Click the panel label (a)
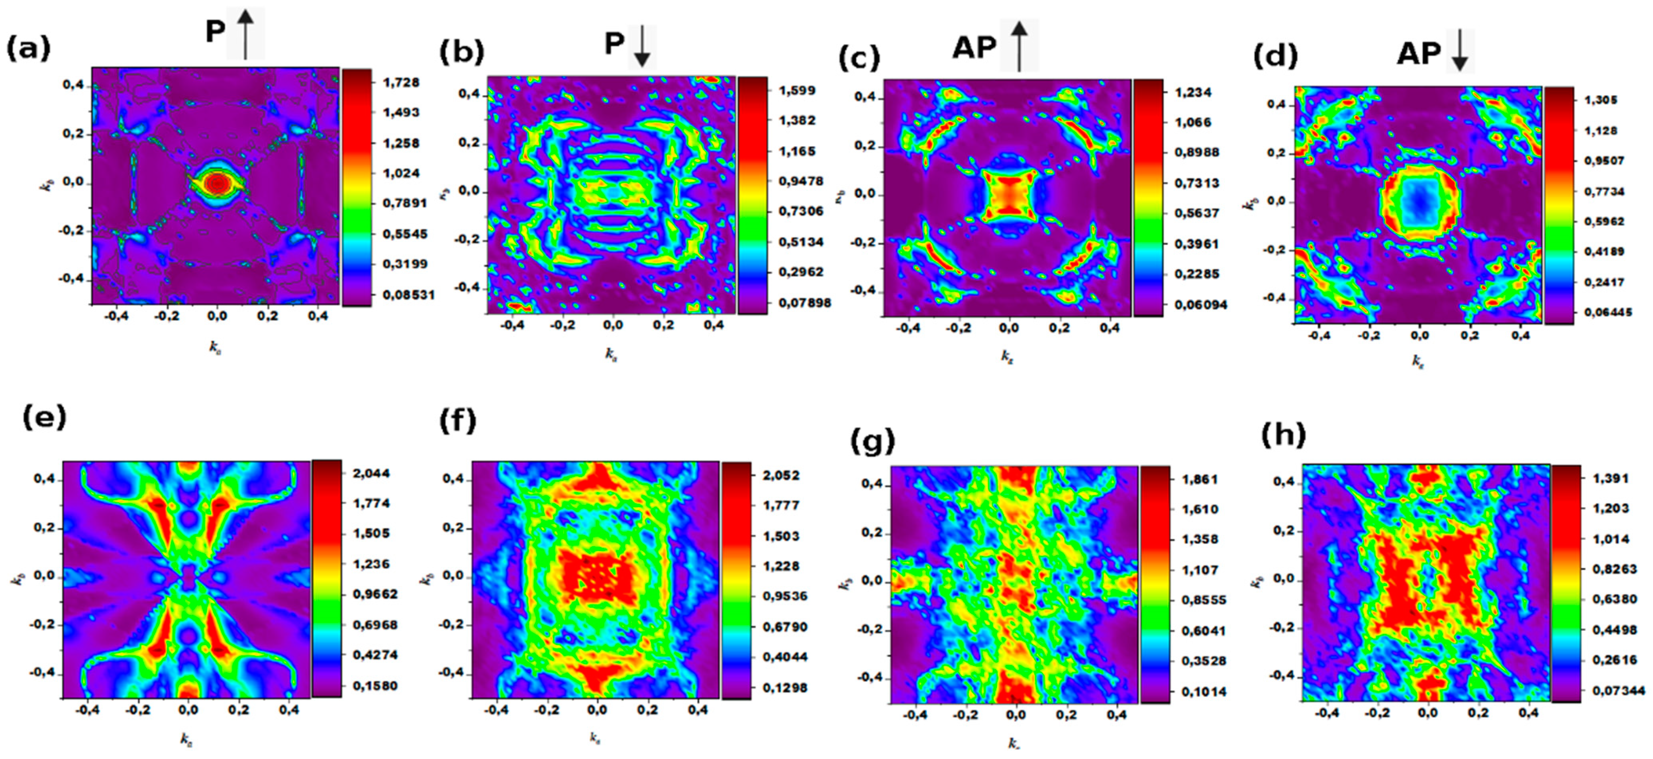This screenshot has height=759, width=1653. click(28, 49)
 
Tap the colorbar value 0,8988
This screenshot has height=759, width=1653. click(1197, 152)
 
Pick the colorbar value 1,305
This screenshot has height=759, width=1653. click(1599, 100)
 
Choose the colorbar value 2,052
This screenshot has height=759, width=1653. click(780, 475)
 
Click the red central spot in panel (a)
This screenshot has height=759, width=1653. click(216, 183)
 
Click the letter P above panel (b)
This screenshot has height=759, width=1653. click(614, 44)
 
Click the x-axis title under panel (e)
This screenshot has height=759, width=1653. click(186, 740)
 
